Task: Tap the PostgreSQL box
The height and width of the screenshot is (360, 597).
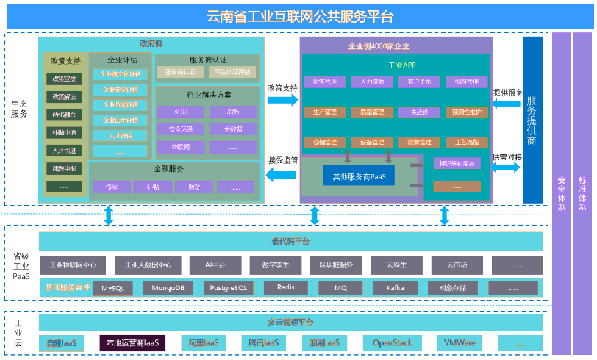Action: (x=228, y=288)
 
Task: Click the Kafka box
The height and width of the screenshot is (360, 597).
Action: (x=395, y=288)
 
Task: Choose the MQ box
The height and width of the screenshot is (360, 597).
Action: (x=340, y=288)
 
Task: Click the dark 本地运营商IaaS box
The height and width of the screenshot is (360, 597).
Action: (x=132, y=343)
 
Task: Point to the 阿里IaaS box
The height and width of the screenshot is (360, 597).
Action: (x=204, y=343)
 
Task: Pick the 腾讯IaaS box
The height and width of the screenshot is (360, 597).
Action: (x=262, y=343)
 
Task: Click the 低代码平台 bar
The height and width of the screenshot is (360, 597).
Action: (x=290, y=241)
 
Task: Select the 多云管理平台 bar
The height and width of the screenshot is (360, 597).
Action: (x=290, y=323)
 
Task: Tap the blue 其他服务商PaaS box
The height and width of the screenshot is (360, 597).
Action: (x=360, y=176)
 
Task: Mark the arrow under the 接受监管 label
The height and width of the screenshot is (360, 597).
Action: (x=282, y=174)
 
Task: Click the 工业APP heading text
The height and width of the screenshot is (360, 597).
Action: (x=396, y=65)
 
